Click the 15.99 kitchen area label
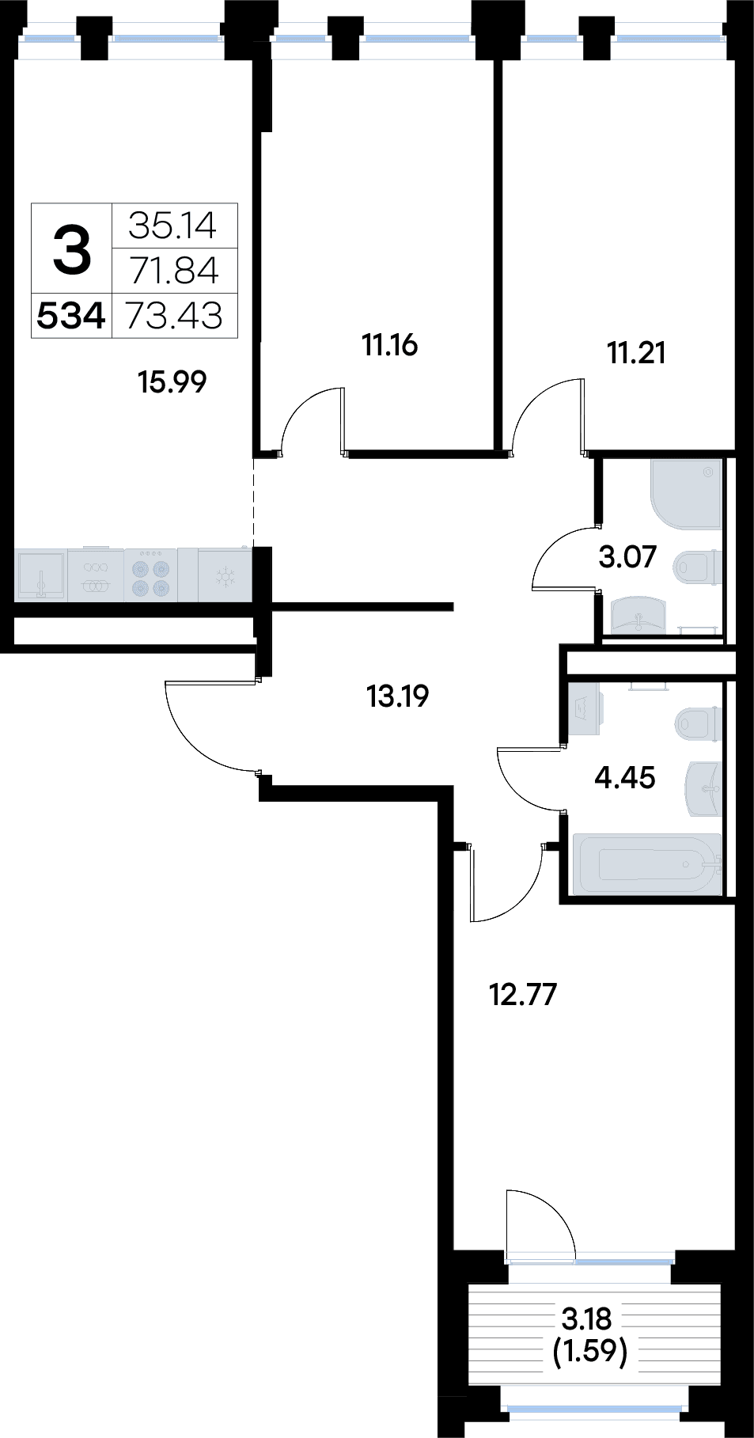pyautogui.click(x=172, y=382)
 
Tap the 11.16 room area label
pyautogui.click(x=389, y=346)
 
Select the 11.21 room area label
pyautogui.click(x=635, y=353)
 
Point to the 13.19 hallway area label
pyautogui.click(x=397, y=696)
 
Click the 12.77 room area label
pyautogui.click(x=524, y=993)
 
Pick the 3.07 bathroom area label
pyautogui.click(x=627, y=557)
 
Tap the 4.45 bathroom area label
pyautogui.click(x=625, y=778)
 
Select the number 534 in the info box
pyautogui.click(x=71, y=317)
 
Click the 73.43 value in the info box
pyautogui.click(x=175, y=316)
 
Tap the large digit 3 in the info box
pyautogui.click(x=72, y=248)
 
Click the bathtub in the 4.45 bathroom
pyautogui.click(x=647, y=863)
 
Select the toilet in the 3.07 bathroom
pyautogui.click(x=697, y=566)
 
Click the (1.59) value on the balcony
pyautogui.click(x=589, y=1352)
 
